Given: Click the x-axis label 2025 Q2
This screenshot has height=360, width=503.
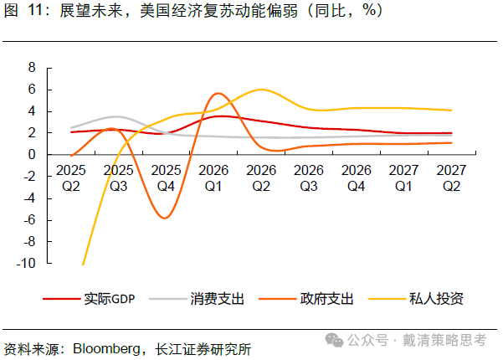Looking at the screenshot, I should (71, 177).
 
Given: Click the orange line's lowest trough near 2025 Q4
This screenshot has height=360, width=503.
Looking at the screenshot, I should (166, 218).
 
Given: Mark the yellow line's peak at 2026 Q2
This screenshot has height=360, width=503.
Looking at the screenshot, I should (263, 90).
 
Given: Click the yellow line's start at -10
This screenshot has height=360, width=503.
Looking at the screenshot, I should (83, 264).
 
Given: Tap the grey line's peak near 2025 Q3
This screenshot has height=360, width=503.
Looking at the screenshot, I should (117, 116).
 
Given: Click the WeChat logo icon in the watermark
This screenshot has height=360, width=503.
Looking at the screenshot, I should (334, 340).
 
